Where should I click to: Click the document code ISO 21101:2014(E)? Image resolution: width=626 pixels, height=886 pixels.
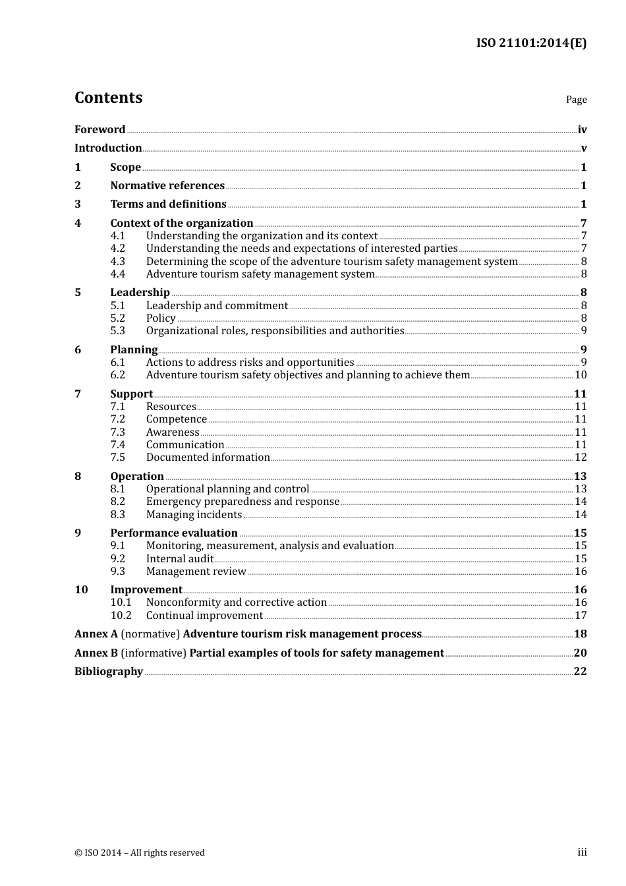[x=531, y=43]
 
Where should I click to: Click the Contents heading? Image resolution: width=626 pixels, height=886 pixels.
[x=108, y=98]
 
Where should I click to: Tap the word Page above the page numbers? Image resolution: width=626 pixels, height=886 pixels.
[x=576, y=100]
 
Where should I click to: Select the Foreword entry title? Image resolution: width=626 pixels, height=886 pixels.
[x=100, y=129]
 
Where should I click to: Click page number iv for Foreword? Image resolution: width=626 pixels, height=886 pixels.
[x=582, y=130]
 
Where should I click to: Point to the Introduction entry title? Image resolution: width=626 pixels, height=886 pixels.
[x=108, y=148]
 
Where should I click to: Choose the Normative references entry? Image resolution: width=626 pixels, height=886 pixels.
[x=167, y=185]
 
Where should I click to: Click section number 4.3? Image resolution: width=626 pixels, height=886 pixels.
[x=117, y=261]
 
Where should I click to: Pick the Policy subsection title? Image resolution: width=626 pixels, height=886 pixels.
[x=161, y=318]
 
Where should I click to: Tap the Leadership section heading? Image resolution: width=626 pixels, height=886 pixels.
[x=140, y=292]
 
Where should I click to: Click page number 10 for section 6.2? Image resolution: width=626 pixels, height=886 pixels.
[x=581, y=374]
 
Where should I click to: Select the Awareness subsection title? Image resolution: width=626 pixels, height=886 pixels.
[x=173, y=432]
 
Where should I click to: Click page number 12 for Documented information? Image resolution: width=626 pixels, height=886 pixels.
[x=581, y=457]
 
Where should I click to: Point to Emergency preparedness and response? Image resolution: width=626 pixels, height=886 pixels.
[x=242, y=501]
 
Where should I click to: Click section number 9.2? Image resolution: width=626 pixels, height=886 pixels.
[x=117, y=558]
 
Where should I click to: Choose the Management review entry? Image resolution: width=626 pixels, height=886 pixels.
[x=196, y=571]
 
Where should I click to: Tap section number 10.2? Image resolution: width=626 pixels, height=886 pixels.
[x=121, y=615]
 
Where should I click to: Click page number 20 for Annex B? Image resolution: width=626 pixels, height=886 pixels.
[x=580, y=653]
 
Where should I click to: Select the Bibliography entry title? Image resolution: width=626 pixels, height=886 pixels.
[x=109, y=671]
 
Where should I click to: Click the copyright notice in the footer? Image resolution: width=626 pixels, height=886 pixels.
[x=140, y=852]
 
